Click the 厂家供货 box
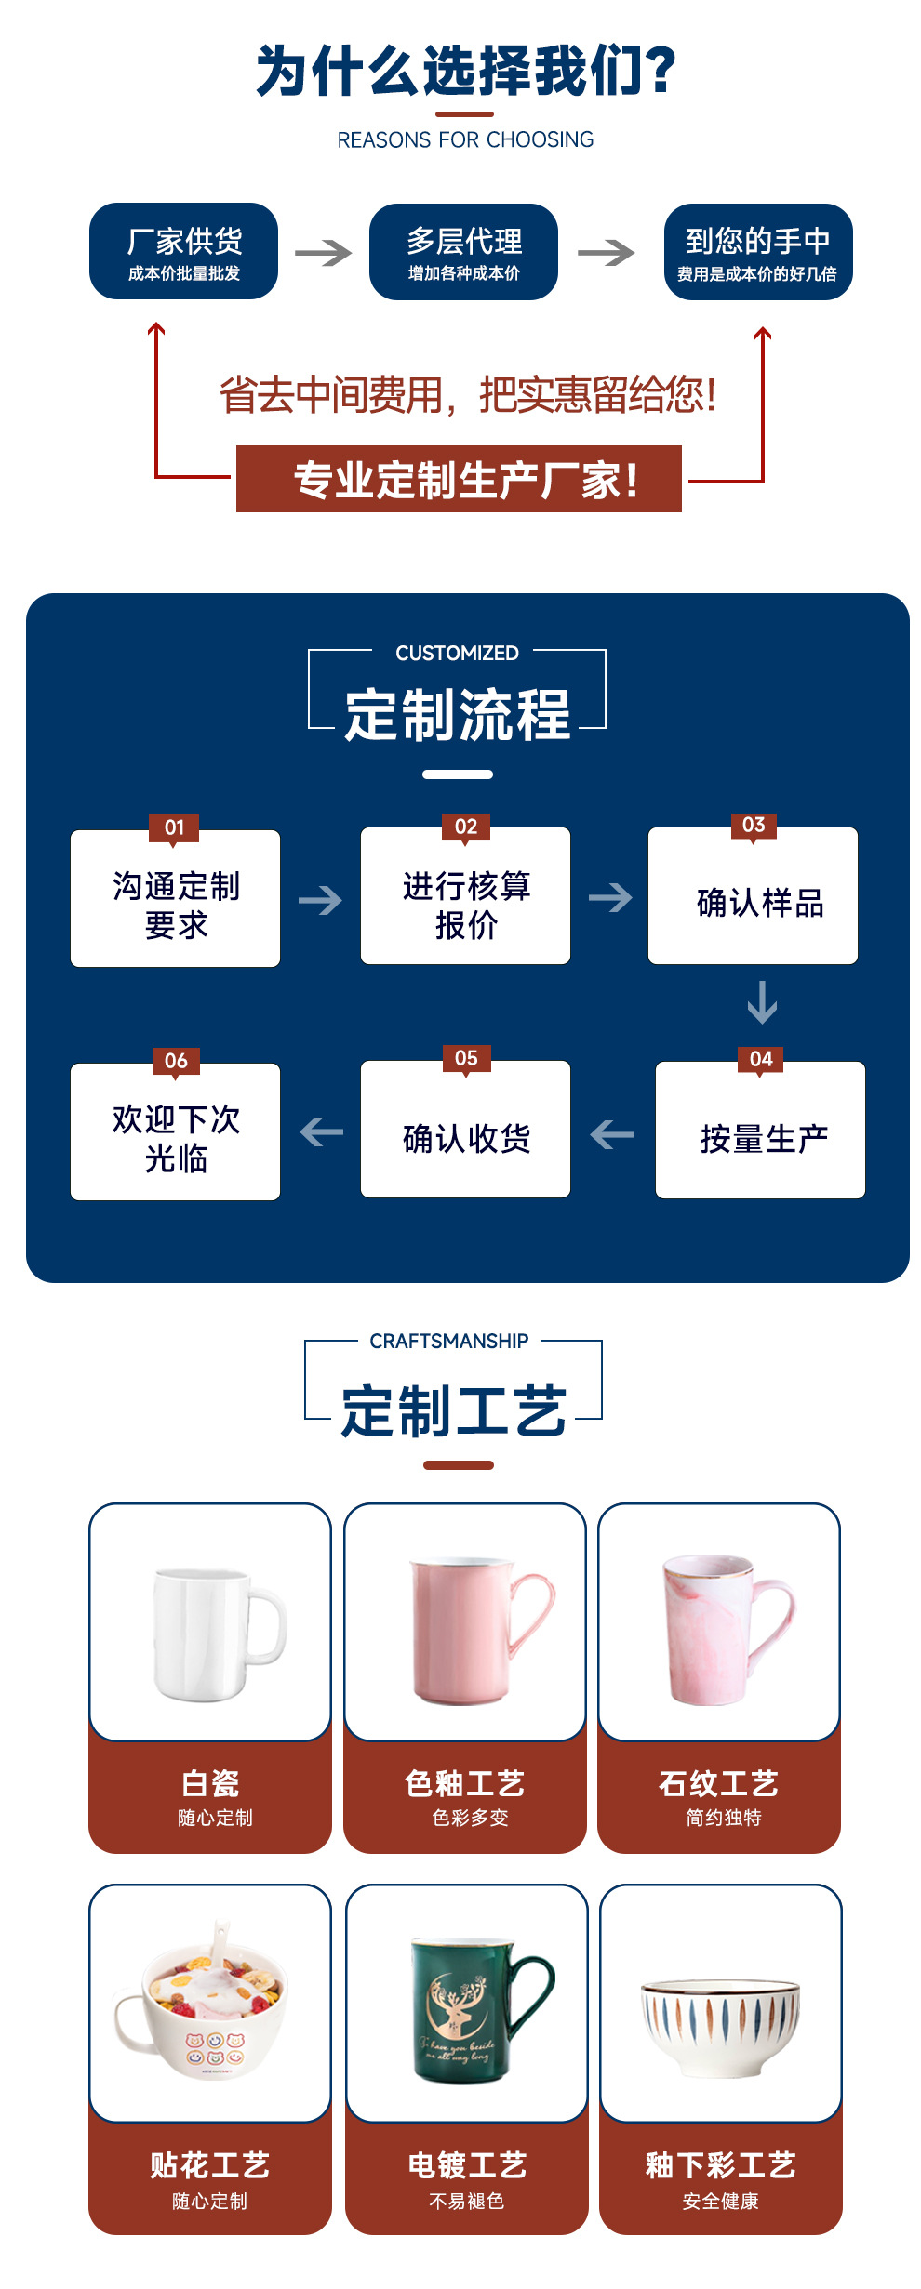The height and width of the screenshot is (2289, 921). [x=183, y=251]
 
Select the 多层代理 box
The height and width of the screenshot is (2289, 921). [x=463, y=252]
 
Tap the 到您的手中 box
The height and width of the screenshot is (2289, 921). [x=758, y=252]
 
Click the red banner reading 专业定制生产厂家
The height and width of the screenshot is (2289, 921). [x=459, y=479]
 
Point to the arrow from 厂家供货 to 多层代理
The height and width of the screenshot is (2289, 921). [x=324, y=252]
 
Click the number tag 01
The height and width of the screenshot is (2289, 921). [x=174, y=827]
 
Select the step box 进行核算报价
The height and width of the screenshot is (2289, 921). [x=465, y=896]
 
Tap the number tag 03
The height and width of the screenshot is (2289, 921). [x=754, y=825]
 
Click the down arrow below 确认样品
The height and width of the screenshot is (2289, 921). [x=762, y=1002]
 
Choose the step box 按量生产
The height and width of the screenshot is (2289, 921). [x=760, y=1131]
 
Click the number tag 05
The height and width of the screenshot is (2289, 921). [x=466, y=1058]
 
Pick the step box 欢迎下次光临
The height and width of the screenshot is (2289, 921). [x=175, y=1132]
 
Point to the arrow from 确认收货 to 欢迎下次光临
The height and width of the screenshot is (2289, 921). [x=322, y=1132]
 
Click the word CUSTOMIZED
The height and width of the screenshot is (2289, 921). [x=457, y=653]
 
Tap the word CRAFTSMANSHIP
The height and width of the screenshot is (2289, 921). [x=448, y=1341]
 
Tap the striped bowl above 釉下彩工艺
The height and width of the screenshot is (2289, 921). [x=720, y=2028]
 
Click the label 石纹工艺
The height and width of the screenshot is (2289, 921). [x=718, y=1783]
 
